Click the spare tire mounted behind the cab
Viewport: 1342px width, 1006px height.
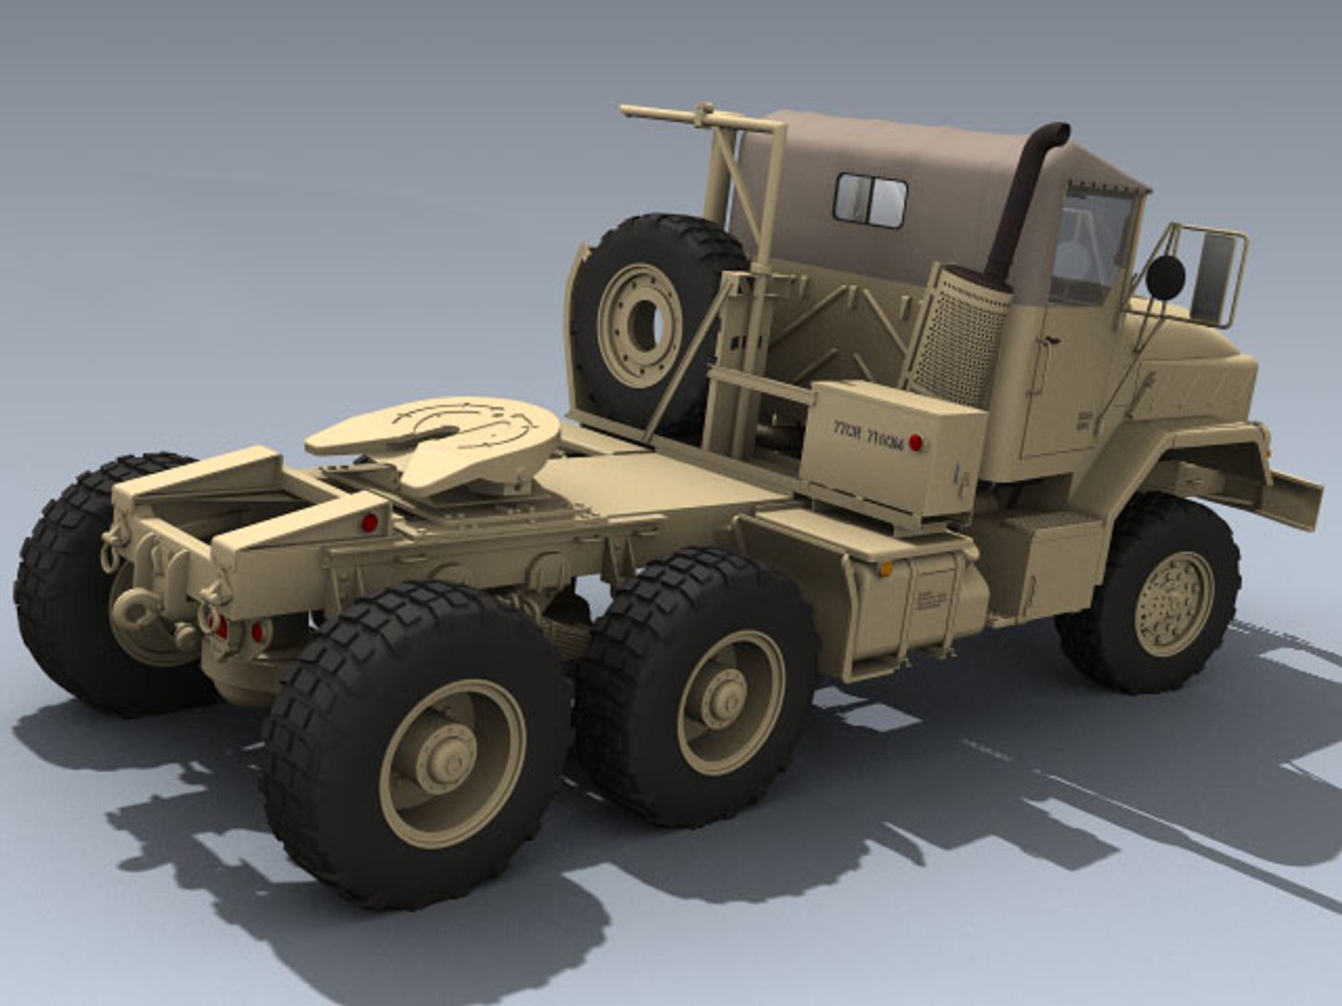643,317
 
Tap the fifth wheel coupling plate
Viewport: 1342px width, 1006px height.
438,438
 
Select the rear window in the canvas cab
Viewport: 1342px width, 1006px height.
870,199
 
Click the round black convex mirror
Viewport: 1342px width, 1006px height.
1165,276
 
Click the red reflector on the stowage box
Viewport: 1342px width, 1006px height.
916,442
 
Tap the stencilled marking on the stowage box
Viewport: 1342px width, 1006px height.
867,434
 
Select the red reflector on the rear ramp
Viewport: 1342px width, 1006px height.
369,523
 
